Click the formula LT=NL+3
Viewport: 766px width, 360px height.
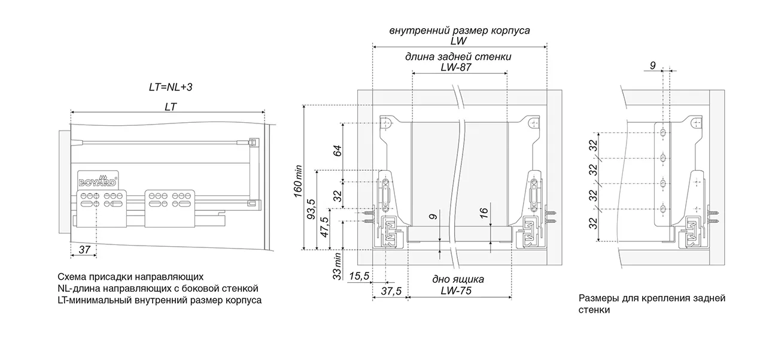[171, 87]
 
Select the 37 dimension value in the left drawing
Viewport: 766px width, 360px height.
[84, 250]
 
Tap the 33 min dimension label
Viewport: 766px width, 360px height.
[338, 266]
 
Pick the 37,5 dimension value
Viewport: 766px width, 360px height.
[391, 291]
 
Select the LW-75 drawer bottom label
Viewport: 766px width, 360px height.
[458, 291]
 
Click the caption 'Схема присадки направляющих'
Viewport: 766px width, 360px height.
[130, 277]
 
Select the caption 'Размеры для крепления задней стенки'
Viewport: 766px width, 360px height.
[652, 304]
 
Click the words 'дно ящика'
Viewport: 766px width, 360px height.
[458, 280]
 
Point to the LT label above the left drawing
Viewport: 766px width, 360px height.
[171, 105]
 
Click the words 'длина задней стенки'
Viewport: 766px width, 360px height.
[458, 57]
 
